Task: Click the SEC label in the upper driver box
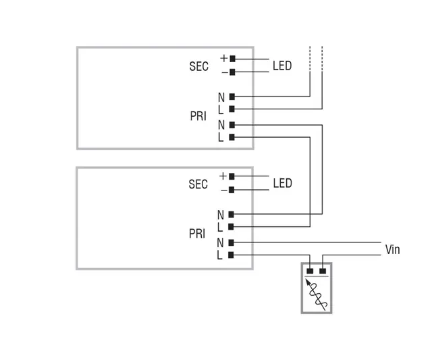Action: coord(198,67)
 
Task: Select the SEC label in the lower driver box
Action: coord(198,184)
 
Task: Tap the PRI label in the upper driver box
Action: coord(198,117)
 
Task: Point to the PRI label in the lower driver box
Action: coord(197,234)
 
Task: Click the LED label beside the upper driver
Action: coord(282,66)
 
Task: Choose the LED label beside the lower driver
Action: coord(282,184)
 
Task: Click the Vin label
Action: coord(392,250)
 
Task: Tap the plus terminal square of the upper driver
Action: coord(232,59)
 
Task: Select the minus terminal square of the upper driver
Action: coord(232,72)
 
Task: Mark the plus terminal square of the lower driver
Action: coord(232,176)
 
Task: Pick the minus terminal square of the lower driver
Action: coord(232,190)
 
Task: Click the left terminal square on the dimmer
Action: coord(310,271)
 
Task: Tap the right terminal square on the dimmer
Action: coord(323,271)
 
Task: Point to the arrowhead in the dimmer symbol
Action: coord(308,285)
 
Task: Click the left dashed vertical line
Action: coord(310,61)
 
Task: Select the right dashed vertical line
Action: coord(322,61)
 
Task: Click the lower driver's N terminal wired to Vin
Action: coord(231,242)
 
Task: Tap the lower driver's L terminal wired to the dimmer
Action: coord(231,255)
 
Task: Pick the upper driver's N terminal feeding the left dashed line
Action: coord(232,97)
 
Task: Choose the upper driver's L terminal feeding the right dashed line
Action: coord(232,109)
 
